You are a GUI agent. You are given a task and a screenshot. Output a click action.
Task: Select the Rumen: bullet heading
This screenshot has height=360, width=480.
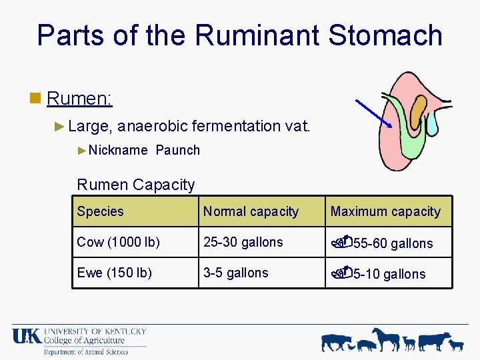[x=79, y=99]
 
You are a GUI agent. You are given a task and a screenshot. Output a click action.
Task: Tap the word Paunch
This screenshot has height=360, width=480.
[x=177, y=150]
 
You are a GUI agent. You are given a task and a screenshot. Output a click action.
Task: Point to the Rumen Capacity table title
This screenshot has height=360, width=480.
[x=136, y=185]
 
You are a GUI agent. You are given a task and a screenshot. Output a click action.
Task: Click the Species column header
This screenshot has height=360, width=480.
[x=101, y=211]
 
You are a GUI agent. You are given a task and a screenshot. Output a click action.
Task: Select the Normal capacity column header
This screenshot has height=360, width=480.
[x=251, y=211]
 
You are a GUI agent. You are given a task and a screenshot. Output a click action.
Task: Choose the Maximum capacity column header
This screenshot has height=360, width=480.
[x=385, y=211]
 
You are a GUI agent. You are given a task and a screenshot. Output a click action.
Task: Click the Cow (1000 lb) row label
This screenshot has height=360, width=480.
[x=119, y=242]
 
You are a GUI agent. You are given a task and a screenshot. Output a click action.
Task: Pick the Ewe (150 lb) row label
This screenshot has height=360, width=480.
[x=115, y=273]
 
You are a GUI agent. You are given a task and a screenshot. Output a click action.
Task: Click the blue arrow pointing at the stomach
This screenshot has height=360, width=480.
[x=373, y=113]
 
